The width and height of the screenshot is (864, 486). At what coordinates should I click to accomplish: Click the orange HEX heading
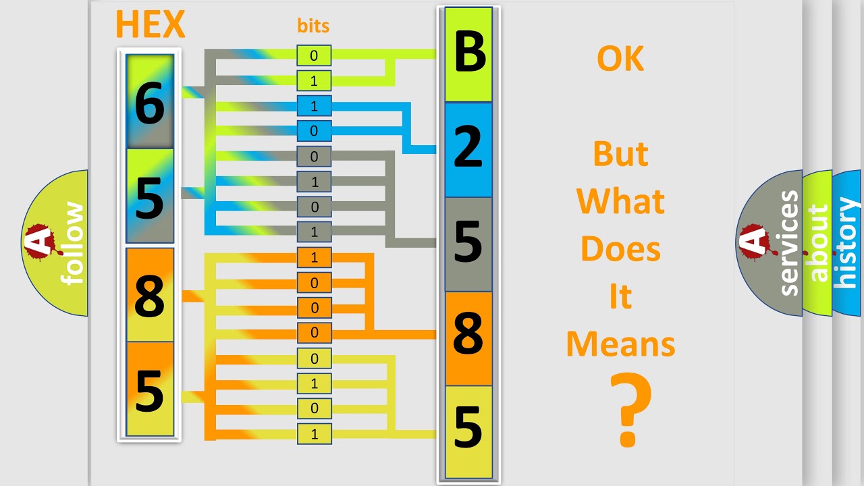(x=150, y=24)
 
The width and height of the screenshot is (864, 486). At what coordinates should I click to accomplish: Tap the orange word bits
(x=313, y=26)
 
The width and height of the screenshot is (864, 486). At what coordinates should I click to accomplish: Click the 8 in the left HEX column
(x=149, y=296)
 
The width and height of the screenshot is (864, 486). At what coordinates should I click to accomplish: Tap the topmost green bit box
(x=314, y=56)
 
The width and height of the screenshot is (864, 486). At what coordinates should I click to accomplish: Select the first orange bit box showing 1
(x=314, y=257)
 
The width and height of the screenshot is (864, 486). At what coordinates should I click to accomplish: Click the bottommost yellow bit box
(x=314, y=434)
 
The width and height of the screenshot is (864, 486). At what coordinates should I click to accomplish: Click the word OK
(x=620, y=59)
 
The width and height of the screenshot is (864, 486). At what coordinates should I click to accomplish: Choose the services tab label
(x=788, y=243)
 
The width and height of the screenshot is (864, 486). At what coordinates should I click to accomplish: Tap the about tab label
(x=817, y=243)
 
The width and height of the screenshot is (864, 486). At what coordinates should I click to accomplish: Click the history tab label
(x=846, y=243)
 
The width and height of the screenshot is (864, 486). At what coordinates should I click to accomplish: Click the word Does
(x=620, y=249)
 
